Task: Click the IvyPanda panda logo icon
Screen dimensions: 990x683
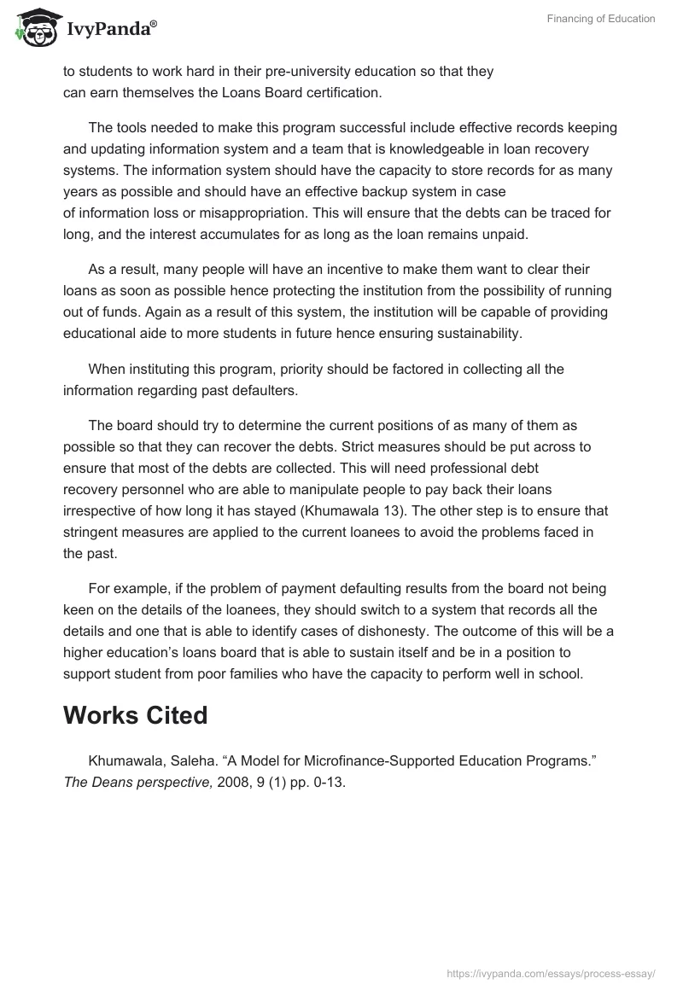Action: [35, 28]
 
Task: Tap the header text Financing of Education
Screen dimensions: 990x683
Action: [601, 19]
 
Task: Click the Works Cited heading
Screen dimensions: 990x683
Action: [135, 714]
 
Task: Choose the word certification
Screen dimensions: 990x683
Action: [339, 93]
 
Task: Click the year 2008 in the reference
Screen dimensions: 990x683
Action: [232, 782]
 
